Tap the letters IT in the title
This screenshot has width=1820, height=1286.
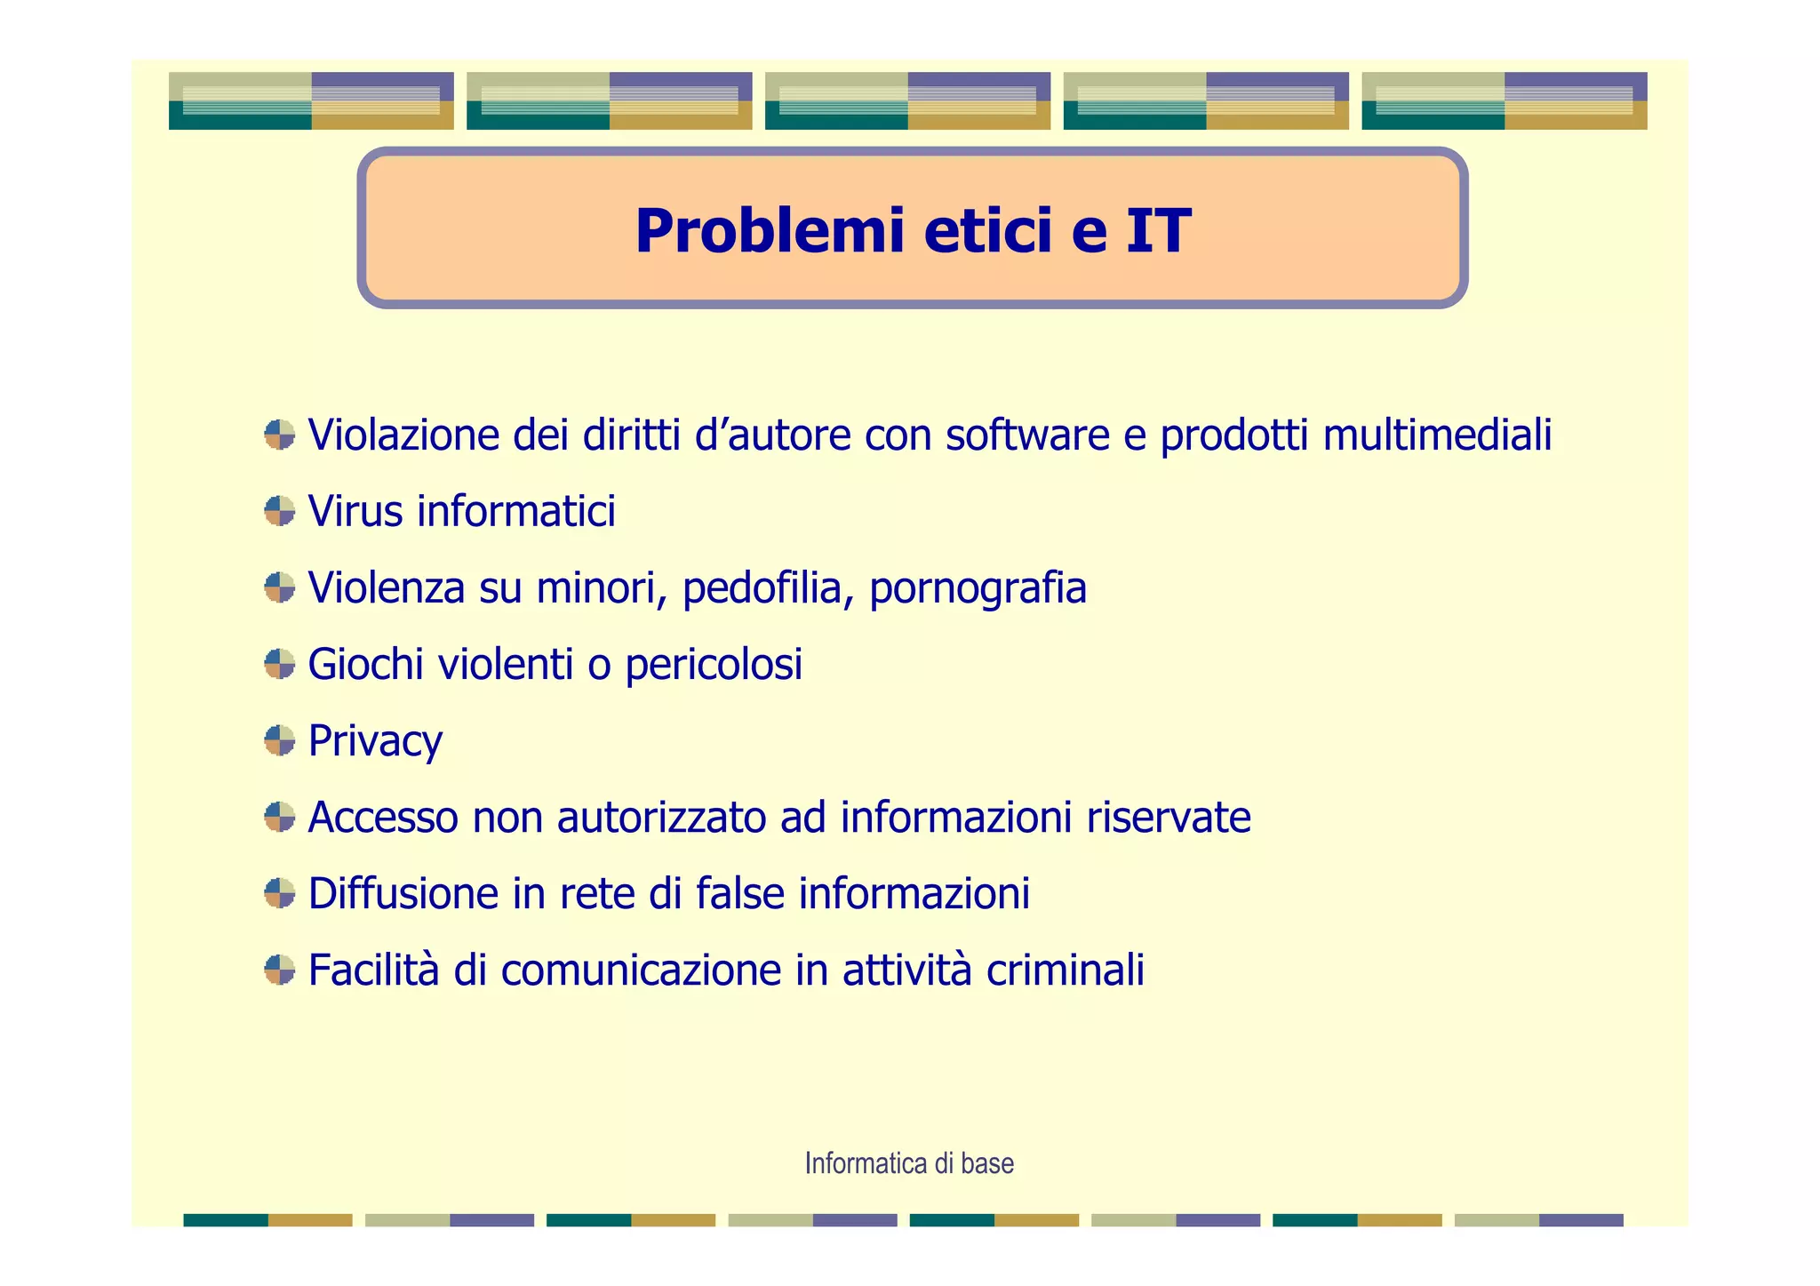coord(1157,231)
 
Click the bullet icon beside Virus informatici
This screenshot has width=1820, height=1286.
coord(280,511)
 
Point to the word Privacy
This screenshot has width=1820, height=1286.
coord(375,742)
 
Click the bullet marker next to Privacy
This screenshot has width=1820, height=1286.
coord(280,740)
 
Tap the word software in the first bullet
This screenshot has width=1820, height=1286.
coord(1027,435)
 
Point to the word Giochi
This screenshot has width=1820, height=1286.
coord(365,665)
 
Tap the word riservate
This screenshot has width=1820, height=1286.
coord(1168,818)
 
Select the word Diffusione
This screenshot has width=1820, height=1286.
coord(403,894)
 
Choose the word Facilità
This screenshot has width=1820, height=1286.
coord(373,970)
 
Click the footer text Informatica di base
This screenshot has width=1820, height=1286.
coord(909,1163)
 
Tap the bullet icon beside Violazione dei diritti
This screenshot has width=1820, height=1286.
coord(280,435)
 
